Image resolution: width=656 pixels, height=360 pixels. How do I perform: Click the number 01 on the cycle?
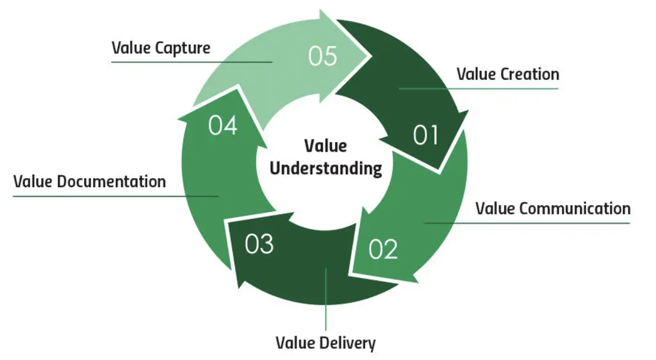[x=425, y=135]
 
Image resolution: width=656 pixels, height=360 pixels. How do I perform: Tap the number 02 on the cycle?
[x=383, y=249]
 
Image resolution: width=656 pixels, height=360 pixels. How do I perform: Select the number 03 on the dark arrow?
[x=259, y=244]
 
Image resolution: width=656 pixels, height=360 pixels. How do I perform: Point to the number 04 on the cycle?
[x=222, y=125]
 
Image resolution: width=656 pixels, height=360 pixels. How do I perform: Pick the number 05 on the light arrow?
[x=323, y=56]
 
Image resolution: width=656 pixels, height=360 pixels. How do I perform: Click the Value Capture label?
[x=161, y=48]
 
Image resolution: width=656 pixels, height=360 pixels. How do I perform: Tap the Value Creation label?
[x=508, y=74]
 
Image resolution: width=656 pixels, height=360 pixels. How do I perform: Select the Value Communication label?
[x=553, y=208]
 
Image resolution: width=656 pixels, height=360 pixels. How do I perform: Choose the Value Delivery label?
[x=325, y=343]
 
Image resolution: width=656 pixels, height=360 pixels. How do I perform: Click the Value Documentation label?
[x=90, y=181]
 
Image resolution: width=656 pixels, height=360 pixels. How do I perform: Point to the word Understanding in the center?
[x=325, y=168]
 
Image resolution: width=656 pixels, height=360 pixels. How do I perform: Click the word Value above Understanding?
[x=325, y=146]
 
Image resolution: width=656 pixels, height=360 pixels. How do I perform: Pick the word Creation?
[x=530, y=74]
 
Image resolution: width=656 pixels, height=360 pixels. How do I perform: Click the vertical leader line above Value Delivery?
[x=325, y=299]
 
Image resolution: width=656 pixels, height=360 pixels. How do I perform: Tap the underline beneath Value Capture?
[x=192, y=62]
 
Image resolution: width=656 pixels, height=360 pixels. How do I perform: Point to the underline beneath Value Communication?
[x=527, y=223]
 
